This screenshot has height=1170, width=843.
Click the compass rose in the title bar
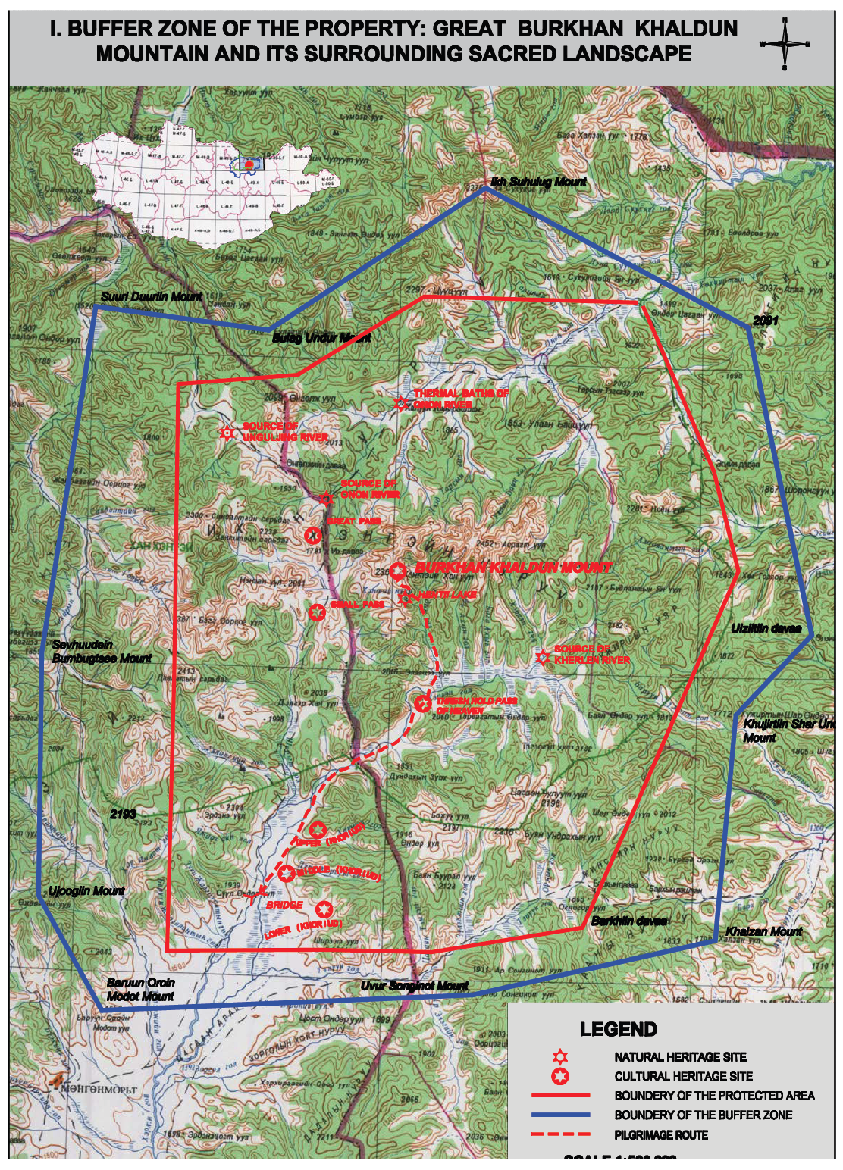(785, 44)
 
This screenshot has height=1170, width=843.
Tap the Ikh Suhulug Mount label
(538, 181)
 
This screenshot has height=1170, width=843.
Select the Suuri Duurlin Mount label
(152, 296)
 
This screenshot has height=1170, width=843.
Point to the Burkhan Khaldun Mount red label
(513, 567)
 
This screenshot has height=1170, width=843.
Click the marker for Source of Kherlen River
(542, 657)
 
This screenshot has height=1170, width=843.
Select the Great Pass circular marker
(312, 536)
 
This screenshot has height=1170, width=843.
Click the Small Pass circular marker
(317, 612)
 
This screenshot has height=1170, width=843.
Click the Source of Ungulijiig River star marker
(226, 433)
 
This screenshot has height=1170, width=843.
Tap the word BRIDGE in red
(284, 905)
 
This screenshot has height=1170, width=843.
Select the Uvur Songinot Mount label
(414, 985)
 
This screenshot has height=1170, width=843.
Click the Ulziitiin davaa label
(766, 628)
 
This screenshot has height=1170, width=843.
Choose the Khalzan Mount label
(763, 931)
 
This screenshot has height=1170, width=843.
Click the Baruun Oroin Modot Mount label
(141, 989)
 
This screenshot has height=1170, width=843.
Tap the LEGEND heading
(618, 1029)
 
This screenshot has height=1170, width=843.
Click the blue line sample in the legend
(560, 1115)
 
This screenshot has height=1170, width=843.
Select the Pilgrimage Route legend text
(661, 1134)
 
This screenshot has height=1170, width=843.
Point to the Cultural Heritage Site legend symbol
(560, 1076)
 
